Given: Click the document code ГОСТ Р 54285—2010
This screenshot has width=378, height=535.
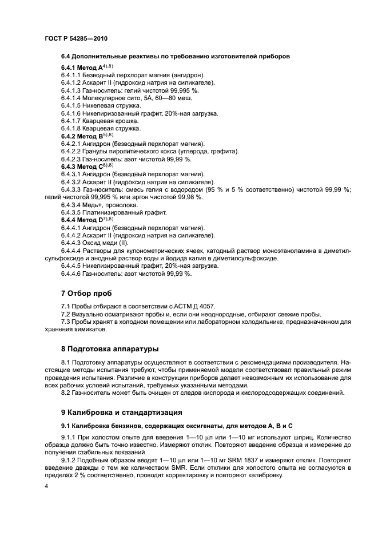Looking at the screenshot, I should coord(75,38).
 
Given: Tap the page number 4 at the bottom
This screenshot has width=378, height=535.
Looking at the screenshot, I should coord(46,486).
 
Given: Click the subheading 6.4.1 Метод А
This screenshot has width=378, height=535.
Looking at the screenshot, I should coord(81,68).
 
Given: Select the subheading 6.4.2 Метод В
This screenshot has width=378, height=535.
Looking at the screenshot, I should coord(81,136).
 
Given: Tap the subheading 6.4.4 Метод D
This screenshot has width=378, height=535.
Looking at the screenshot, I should coord(81,220).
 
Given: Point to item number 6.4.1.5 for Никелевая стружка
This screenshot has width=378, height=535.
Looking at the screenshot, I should coord(72,106).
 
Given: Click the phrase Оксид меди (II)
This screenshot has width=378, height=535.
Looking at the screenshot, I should coord(108,243).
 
